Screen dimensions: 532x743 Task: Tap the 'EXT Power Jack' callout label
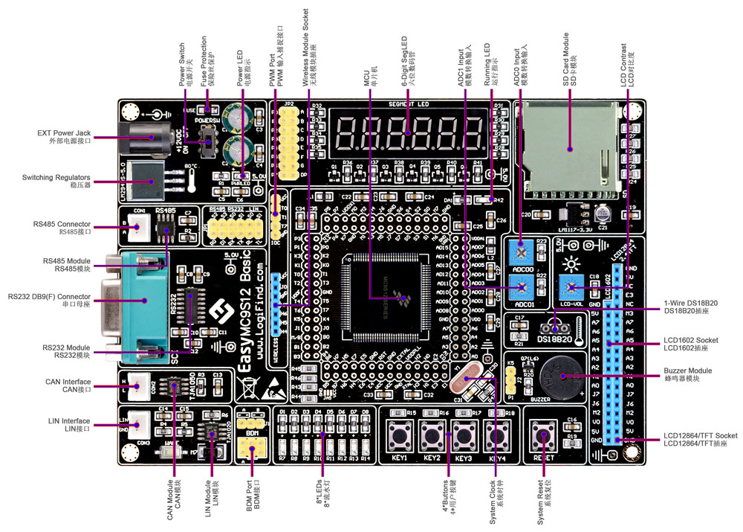point(64,137)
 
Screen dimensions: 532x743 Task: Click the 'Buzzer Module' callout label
point(690,374)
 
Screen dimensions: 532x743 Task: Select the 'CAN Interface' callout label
point(66,385)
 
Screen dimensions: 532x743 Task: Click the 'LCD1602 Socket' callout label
point(691,344)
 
